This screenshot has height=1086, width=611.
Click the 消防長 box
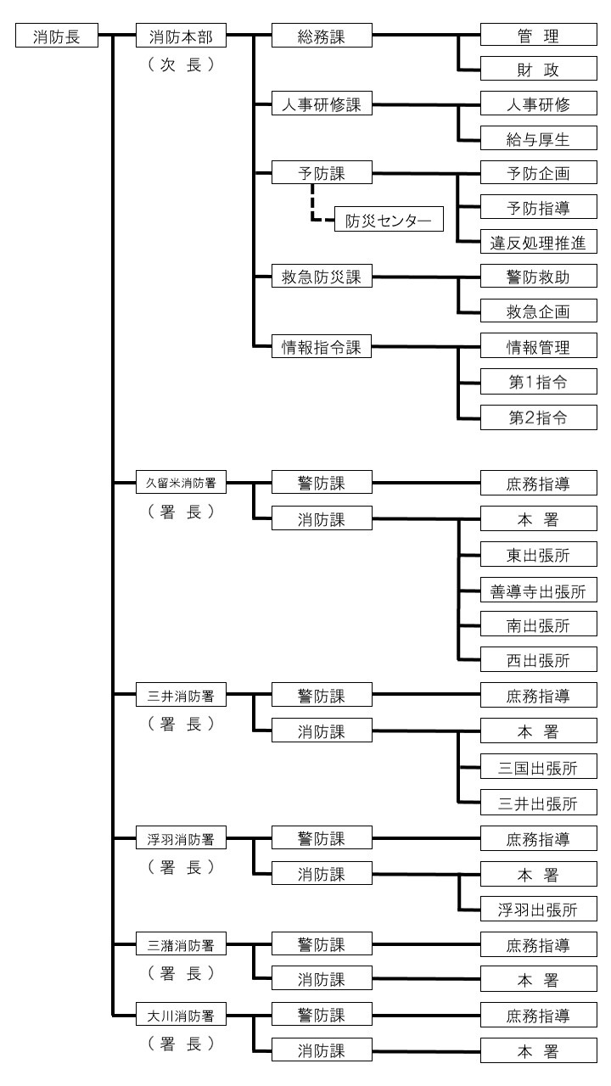[58, 36]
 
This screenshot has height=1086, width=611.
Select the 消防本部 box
[182, 36]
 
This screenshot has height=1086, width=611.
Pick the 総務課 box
[322, 36]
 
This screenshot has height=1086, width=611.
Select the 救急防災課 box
[322, 277]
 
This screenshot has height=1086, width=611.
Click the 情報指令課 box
[322, 346]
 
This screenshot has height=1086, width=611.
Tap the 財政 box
[537, 70]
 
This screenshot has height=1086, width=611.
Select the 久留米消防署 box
[182, 484]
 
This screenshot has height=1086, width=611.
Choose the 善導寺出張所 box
[537, 591]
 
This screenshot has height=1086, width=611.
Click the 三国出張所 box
[537, 767]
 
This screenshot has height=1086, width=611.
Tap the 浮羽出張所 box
[537, 910]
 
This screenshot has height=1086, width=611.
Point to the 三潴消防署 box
[182, 943]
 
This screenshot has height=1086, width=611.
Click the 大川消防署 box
[182, 1014]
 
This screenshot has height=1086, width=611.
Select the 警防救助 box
[537, 277]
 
